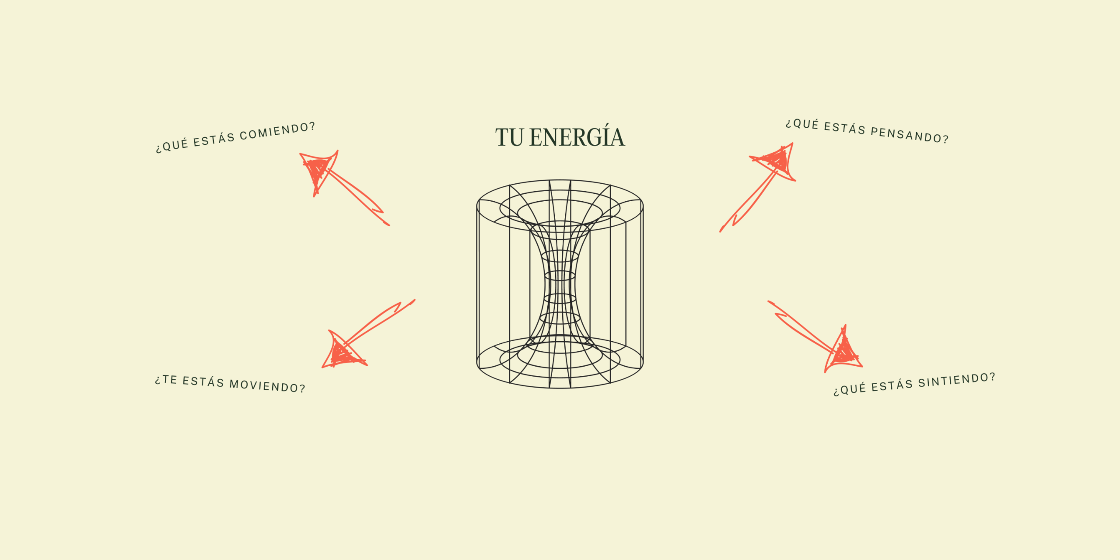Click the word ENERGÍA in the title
click(577, 137)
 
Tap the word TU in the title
click(509, 137)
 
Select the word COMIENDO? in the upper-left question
click(277, 132)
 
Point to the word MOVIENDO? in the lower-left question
click(267, 386)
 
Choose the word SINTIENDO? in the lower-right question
click(956, 380)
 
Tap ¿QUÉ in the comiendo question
click(172, 145)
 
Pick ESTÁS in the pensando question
click(845, 128)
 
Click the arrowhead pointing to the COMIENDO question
click(318, 170)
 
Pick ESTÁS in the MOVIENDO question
click(203, 381)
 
